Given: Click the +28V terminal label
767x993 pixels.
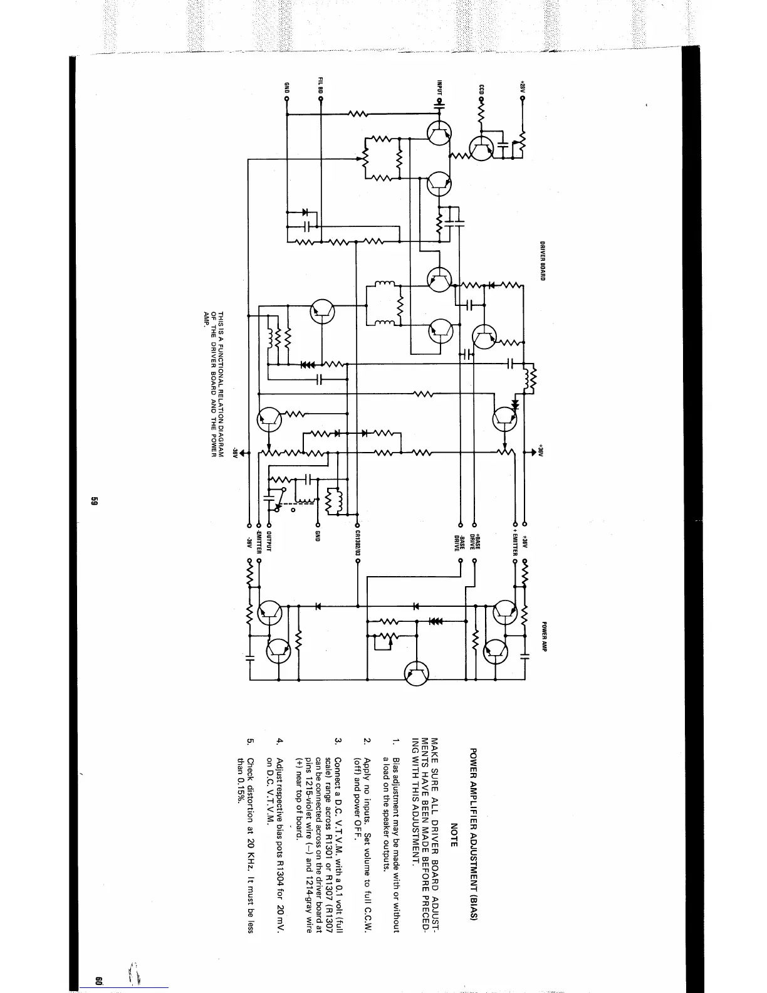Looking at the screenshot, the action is coord(521,87).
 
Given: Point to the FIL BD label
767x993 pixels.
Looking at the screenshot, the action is coord(320,85).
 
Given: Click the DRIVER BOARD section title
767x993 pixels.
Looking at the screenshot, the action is coord(543,261).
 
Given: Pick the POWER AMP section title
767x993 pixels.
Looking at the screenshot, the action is coord(545,637).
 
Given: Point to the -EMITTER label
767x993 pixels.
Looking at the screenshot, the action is coord(258,542).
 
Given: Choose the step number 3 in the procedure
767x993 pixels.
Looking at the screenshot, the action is coord(338,741).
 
